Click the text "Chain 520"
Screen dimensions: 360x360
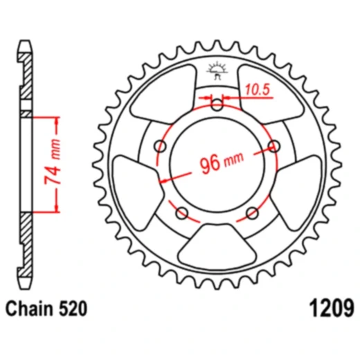click(47, 307)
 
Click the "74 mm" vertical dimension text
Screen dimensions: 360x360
click(51, 165)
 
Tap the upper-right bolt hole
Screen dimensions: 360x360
click(275, 145)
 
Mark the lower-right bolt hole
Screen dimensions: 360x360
click(253, 212)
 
